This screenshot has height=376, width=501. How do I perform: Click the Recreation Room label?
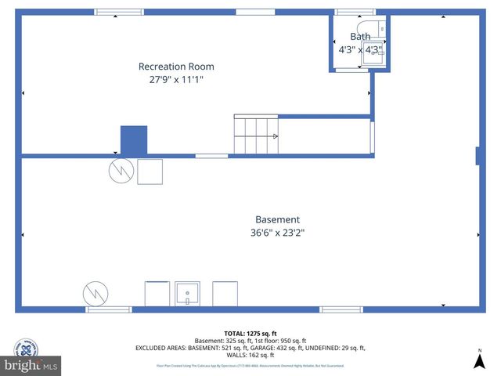click(175, 67)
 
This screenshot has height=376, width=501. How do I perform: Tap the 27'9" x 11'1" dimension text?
click(175, 79)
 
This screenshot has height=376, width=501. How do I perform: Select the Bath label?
click(359, 37)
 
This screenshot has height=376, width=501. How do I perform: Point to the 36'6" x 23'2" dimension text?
click(277, 233)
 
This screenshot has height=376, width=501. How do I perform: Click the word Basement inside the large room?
click(277, 219)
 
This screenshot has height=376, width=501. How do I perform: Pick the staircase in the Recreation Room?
click(256, 135)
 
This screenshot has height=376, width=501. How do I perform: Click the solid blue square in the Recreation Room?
click(133, 140)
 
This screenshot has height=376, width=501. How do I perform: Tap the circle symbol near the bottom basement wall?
click(96, 294)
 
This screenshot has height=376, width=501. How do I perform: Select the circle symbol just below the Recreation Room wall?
click(121, 172)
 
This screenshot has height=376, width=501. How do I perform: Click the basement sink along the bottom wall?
click(187, 294)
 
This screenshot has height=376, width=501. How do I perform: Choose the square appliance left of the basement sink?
click(157, 294)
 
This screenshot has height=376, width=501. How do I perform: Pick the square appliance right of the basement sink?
click(225, 294)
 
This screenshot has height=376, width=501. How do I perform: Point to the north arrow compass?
click(479, 360)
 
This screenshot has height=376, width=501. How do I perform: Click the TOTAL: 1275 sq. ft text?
click(250, 333)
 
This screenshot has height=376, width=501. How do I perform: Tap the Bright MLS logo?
click(31, 364)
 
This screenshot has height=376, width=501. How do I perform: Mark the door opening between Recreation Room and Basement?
click(211, 156)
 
